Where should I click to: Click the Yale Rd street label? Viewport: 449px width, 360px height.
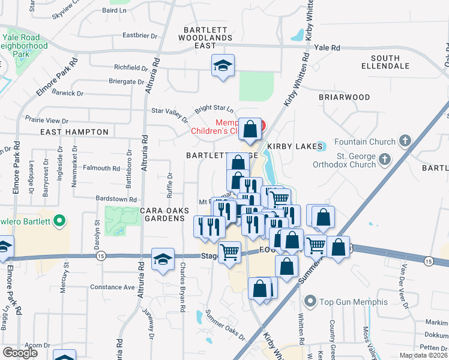(327, 47)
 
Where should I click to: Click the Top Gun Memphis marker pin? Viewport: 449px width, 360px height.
(310, 301)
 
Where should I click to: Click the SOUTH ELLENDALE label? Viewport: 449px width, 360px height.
(385, 62)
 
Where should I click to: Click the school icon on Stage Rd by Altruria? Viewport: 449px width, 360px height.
(163, 259)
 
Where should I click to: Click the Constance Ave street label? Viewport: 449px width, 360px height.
(112, 287)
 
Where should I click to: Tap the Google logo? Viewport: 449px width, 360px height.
(20, 353)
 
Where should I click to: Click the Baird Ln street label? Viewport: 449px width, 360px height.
(117, 10)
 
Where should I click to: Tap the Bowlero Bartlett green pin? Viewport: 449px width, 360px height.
(58, 222)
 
